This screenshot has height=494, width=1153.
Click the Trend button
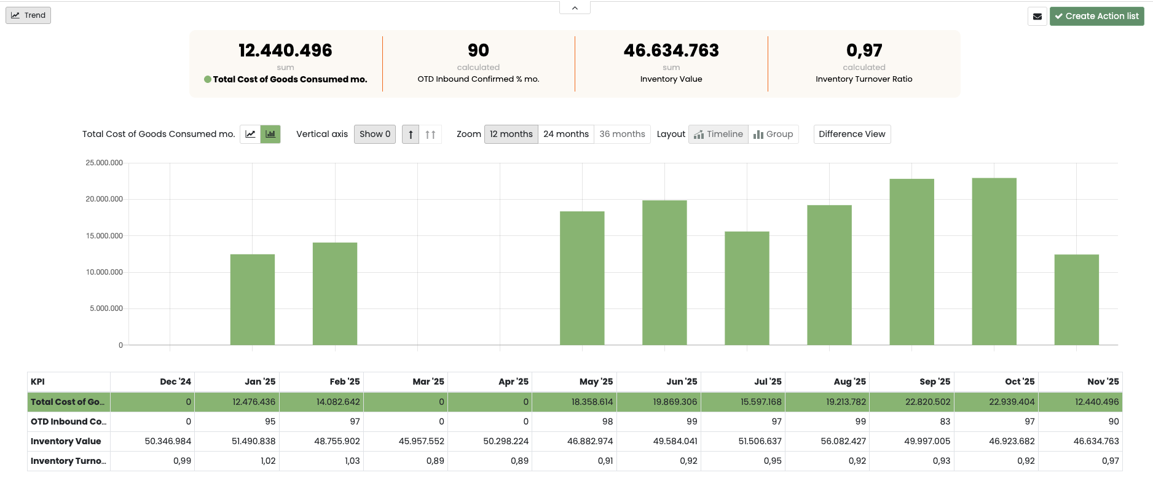[x=28, y=15]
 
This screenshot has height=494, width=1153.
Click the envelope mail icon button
[x=1037, y=17]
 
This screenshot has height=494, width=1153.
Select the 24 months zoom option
[x=565, y=134]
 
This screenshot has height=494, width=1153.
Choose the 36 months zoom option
[x=622, y=134]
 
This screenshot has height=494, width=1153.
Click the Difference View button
[x=852, y=134]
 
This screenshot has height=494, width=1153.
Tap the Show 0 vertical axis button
[x=374, y=134]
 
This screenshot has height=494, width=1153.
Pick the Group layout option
[x=773, y=134]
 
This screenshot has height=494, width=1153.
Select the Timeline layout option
[x=718, y=134]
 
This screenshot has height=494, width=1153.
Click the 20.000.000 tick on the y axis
[x=104, y=199]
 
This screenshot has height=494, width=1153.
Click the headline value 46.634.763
[x=671, y=50]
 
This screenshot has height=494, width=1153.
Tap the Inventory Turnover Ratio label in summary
[x=864, y=79]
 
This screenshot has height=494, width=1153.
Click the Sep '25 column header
[x=934, y=382]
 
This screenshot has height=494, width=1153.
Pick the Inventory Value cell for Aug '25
[x=843, y=441]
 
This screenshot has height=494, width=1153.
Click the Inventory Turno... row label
[x=68, y=461]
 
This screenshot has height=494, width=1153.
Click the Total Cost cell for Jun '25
[x=675, y=402]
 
